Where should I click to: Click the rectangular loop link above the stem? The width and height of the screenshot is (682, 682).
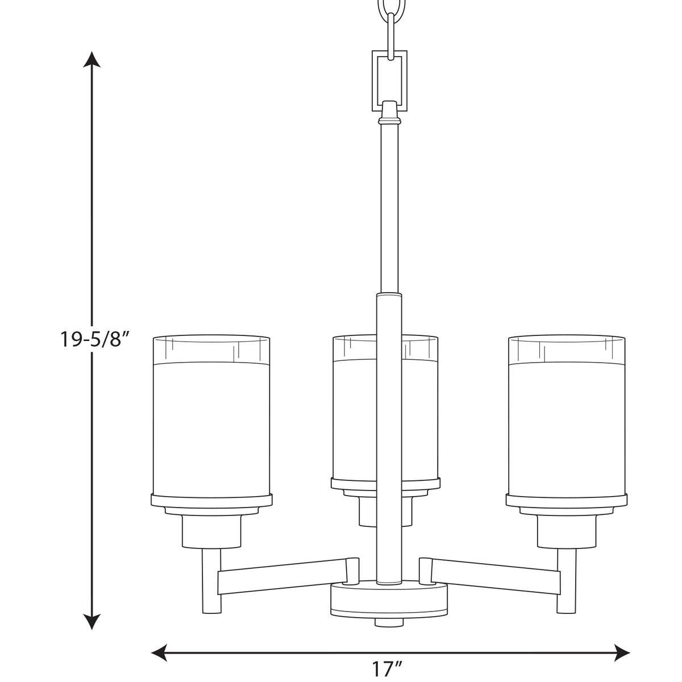389,80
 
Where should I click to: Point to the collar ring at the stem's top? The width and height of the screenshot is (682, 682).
389,120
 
